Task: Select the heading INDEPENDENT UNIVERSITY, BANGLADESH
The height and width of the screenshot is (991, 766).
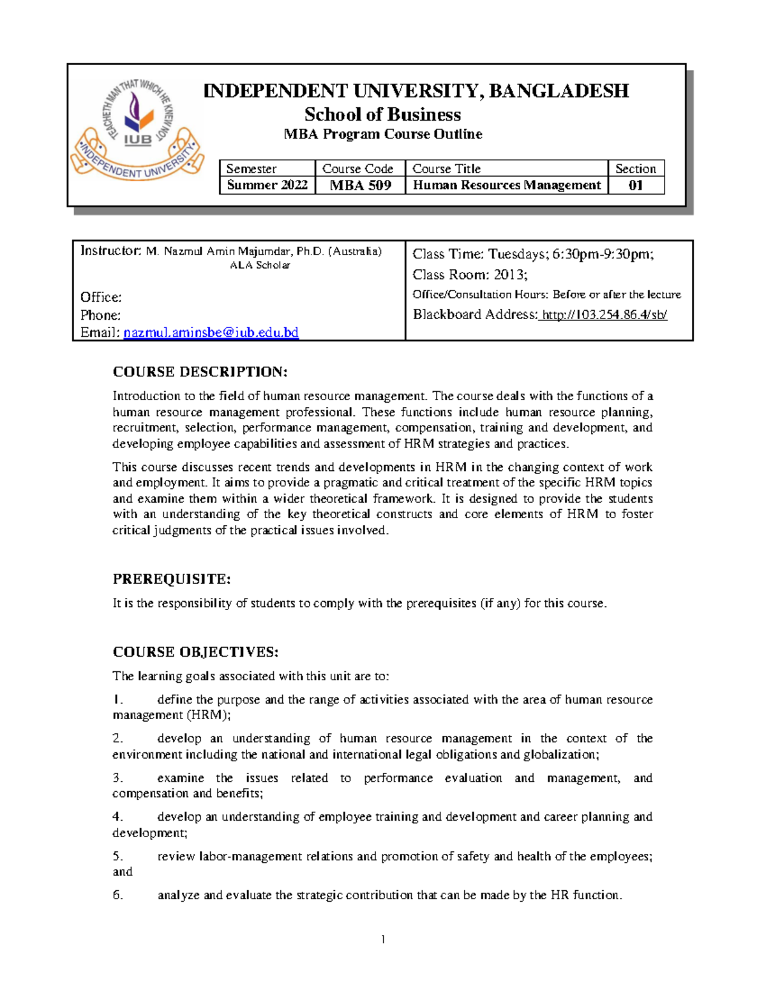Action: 416,91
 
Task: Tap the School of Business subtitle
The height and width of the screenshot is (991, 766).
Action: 382,115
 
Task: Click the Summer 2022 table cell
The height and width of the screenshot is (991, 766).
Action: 267,185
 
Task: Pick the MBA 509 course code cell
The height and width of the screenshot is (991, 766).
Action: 360,186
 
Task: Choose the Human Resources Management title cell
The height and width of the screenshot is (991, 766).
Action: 507,185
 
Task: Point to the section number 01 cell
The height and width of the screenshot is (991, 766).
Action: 636,186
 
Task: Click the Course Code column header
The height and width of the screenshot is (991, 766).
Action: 357,168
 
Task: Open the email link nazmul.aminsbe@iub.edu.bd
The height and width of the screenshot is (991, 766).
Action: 211,332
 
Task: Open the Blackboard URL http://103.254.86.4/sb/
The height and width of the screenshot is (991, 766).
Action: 604,315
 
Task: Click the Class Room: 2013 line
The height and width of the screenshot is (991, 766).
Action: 470,274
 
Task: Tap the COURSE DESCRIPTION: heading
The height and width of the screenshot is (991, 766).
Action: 200,372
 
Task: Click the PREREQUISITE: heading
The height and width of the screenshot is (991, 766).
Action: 171,579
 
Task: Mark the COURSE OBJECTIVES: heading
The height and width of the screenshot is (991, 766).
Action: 195,652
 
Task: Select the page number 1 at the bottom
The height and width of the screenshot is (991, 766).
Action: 383,939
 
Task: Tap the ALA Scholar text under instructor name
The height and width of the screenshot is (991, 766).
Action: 260,265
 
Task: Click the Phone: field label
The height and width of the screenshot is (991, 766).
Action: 100,315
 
